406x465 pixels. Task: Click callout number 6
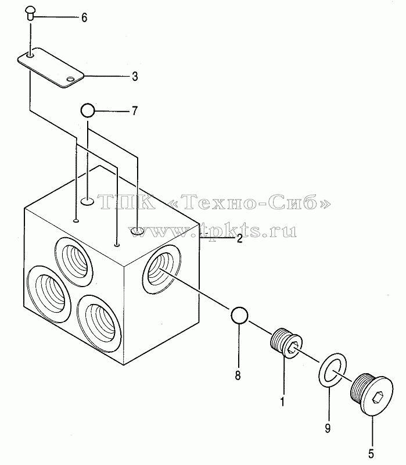tap(84, 18)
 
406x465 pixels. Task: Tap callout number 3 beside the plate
tap(135, 77)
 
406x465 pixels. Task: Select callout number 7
tap(135, 111)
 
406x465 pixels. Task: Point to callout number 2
tap(239, 238)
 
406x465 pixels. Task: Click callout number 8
tap(238, 375)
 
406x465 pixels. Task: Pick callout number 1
tap(282, 402)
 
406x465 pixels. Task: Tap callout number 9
tap(328, 428)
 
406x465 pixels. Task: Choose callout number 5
tap(371, 454)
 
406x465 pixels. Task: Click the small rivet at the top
tap(30, 13)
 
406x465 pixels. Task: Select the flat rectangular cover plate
tap(51, 67)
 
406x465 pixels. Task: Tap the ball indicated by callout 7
tap(88, 110)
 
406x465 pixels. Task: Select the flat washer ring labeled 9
tap(332, 370)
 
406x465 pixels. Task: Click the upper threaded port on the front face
tap(74, 262)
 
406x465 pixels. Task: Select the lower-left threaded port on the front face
tap(49, 294)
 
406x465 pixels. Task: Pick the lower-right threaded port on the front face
tap(99, 324)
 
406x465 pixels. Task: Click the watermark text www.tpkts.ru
tap(213, 230)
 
